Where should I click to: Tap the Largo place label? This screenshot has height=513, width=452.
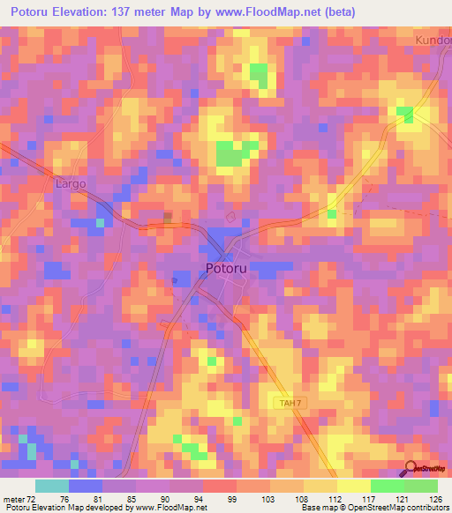pyautogui.click(x=71, y=184)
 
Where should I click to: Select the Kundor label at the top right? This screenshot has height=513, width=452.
pyautogui.click(x=433, y=41)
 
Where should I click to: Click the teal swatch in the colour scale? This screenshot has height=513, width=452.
pyautogui.click(x=52, y=486)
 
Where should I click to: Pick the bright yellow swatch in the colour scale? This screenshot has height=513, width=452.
pyautogui.click(x=354, y=486)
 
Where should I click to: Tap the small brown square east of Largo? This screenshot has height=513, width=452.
pyautogui.click(x=168, y=215)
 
